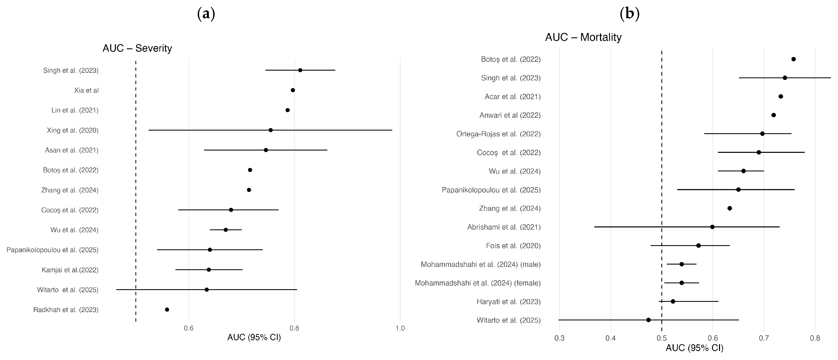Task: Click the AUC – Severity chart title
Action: pos(137,48)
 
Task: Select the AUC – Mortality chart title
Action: pos(583,37)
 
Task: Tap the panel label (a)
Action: pos(206,14)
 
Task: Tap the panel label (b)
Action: pos(630,14)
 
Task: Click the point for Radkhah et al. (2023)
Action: pos(167,310)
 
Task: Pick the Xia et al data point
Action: pos(293,90)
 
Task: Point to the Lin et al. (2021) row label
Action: pos(75,110)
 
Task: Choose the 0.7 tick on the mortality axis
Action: pos(764,338)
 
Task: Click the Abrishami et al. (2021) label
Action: pos(504,227)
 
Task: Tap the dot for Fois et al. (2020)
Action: pos(698,246)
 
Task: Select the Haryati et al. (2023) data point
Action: pos(673,301)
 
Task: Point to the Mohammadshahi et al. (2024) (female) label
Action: pos(478,283)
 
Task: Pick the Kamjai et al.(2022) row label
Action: pos(70,270)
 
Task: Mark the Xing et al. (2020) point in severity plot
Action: pos(271,130)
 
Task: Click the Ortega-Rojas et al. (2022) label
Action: pos(498,134)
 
